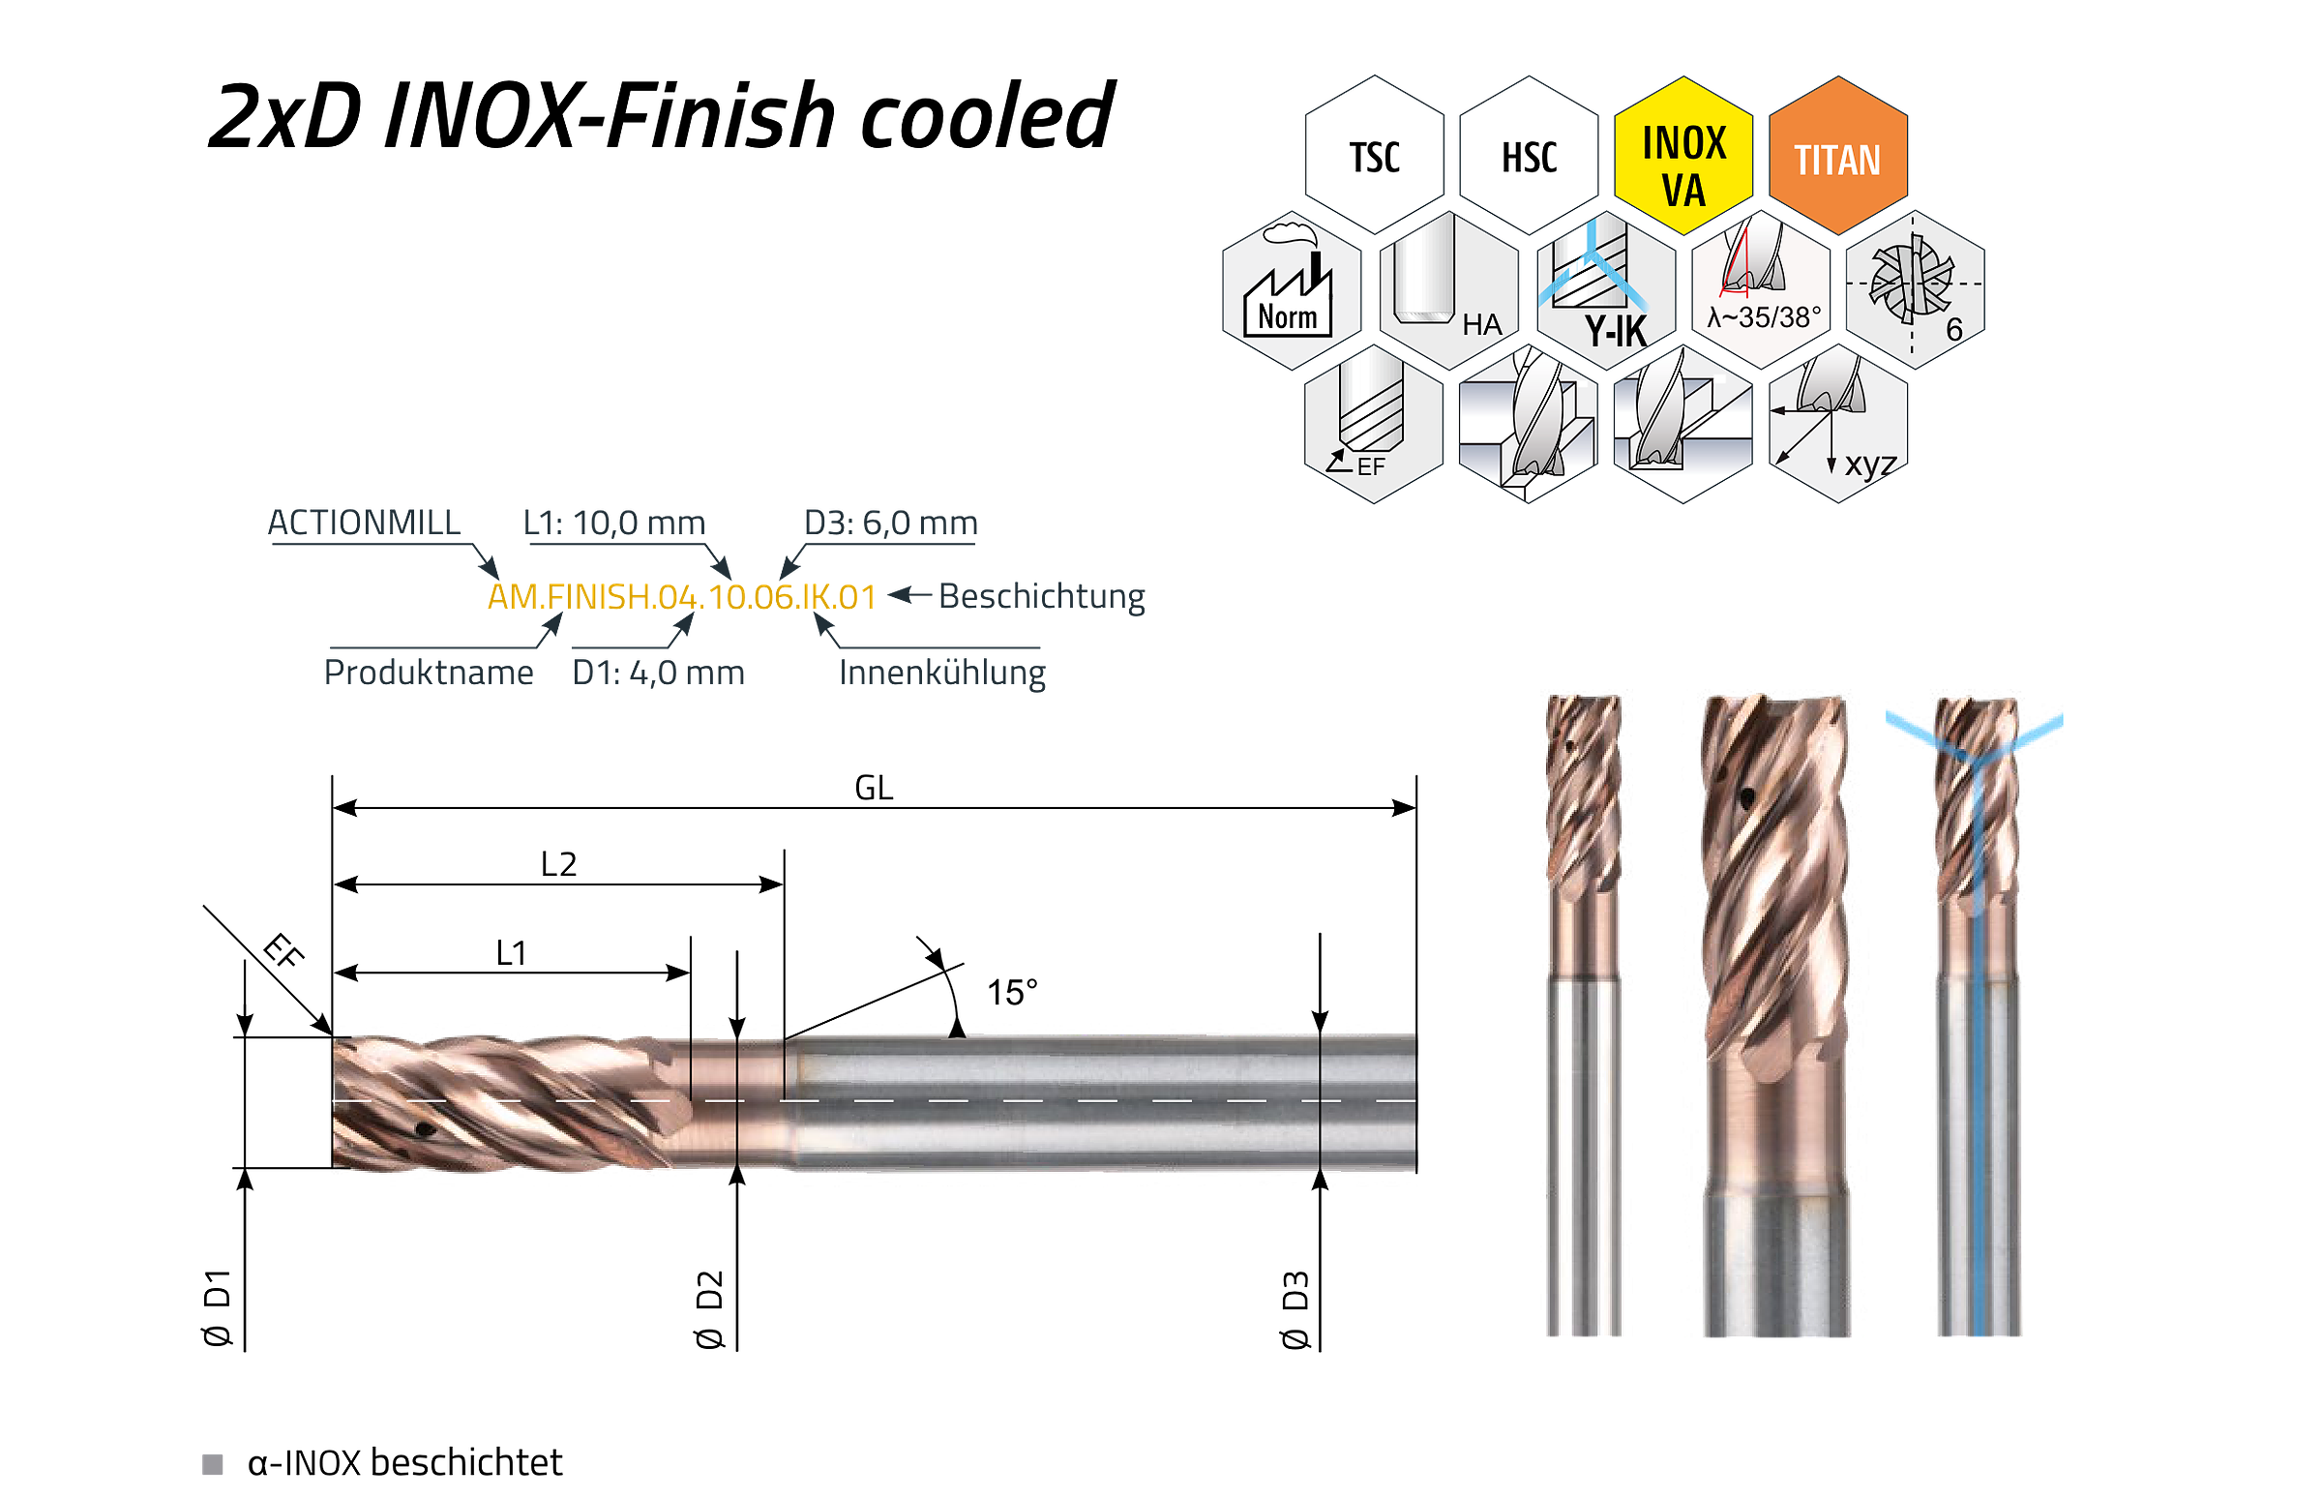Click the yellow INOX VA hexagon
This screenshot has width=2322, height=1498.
point(1682,156)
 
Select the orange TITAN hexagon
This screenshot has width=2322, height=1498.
point(1836,156)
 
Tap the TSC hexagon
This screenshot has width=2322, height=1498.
point(1374,156)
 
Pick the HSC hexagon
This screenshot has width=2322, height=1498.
point(1529,156)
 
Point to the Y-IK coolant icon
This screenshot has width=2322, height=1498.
point(1605,290)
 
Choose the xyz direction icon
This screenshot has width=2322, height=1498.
point(1837,423)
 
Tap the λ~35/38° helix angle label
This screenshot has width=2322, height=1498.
point(1764,317)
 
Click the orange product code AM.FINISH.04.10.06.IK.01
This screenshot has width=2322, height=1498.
point(682,596)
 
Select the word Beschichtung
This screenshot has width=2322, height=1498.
point(1041,596)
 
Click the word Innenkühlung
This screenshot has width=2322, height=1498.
point(942,673)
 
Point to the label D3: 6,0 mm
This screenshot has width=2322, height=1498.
point(891,524)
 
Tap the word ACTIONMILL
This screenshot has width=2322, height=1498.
point(364,523)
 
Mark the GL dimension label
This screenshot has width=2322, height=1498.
point(874,788)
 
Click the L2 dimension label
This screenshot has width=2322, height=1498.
point(558,864)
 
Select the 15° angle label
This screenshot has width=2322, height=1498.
point(1012,993)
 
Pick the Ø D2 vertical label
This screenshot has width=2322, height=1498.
point(710,1309)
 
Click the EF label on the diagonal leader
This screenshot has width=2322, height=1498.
point(283,950)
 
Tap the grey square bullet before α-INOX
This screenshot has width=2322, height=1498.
point(212,1464)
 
